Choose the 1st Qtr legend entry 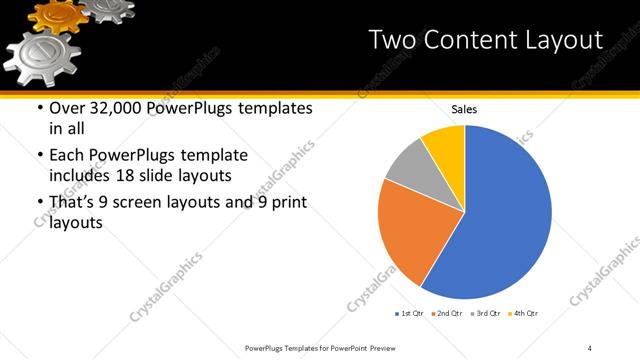tap(410, 314)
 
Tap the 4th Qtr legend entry tap(524, 314)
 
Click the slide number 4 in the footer tap(591, 347)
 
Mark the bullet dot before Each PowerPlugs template tap(39, 156)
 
